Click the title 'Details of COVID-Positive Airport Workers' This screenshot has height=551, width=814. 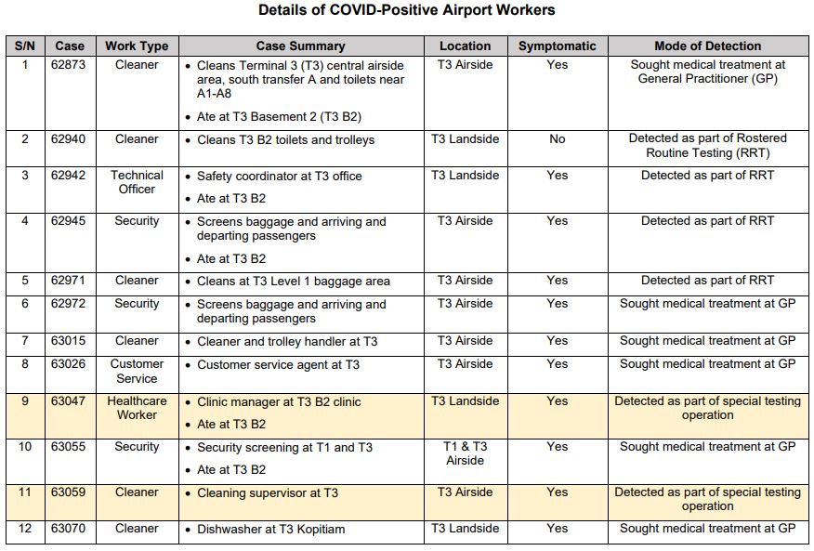406,11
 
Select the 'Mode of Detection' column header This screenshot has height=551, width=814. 707,46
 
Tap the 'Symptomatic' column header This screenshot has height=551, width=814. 557,46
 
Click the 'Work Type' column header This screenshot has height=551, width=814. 137,46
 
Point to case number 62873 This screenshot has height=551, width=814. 69,65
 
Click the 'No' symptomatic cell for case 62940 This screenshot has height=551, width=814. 557,139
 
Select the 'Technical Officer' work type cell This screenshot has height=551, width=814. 137,182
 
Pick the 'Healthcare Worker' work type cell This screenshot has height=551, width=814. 137,408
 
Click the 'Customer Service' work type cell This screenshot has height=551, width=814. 137,371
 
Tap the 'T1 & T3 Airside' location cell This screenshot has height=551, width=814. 465,453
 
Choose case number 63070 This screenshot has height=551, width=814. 69,529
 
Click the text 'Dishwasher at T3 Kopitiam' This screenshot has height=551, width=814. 270,530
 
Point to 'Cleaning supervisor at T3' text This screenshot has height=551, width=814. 268,493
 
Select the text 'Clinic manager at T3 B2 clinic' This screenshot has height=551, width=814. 279,402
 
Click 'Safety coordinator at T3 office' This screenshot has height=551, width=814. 279,177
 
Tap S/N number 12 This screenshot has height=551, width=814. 25,529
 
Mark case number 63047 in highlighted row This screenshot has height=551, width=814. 69,401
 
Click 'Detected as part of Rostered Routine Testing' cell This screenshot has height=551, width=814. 707,146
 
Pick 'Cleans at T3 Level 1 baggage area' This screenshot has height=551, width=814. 293,282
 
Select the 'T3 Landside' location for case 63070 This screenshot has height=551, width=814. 465,529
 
